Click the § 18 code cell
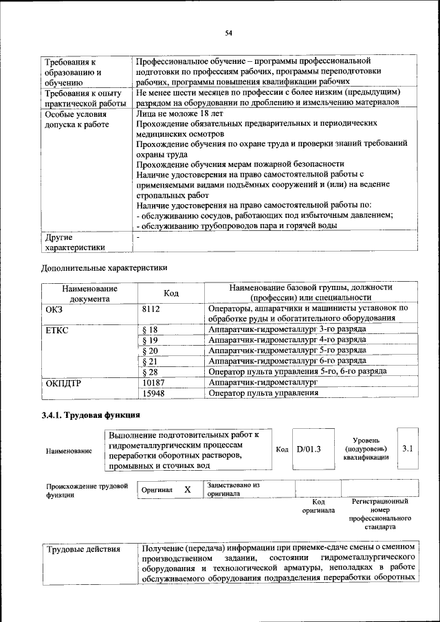pos(149,330)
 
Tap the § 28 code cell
pos(149,371)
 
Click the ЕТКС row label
pos(58,330)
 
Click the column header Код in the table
pos(171,293)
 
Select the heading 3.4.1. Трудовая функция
pos(91,415)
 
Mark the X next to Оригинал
pos(187,489)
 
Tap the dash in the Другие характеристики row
pos(138,236)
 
